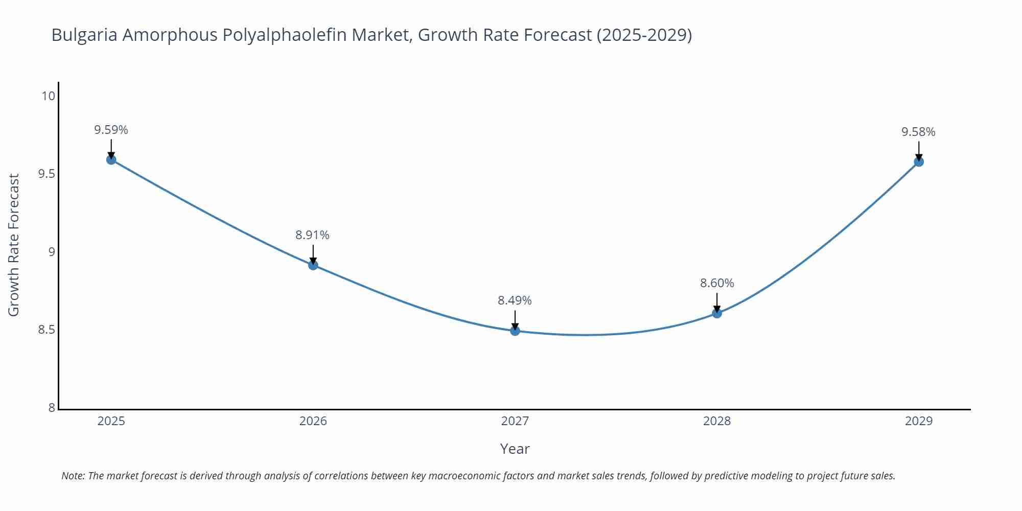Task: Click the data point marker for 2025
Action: tap(111, 159)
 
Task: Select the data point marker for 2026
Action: tap(313, 265)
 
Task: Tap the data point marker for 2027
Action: tap(515, 331)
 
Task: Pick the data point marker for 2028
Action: tap(717, 313)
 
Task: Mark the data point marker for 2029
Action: tap(919, 161)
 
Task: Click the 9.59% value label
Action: tap(111, 130)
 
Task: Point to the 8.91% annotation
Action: tap(312, 235)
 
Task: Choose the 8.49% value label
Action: tap(515, 300)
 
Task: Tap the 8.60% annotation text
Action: tap(717, 283)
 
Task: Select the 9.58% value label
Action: tap(918, 132)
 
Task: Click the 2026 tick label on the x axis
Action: tap(313, 421)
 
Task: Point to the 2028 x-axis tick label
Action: tap(717, 421)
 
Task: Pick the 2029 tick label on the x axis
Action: tap(919, 421)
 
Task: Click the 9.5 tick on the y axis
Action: tap(47, 174)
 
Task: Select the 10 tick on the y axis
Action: tap(48, 96)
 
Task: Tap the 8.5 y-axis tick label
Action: tap(47, 330)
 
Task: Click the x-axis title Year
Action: tap(515, 449)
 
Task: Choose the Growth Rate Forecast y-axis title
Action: tap(14, 245)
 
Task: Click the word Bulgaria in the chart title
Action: tap(84, 35)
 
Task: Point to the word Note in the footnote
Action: tap(72, 476)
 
